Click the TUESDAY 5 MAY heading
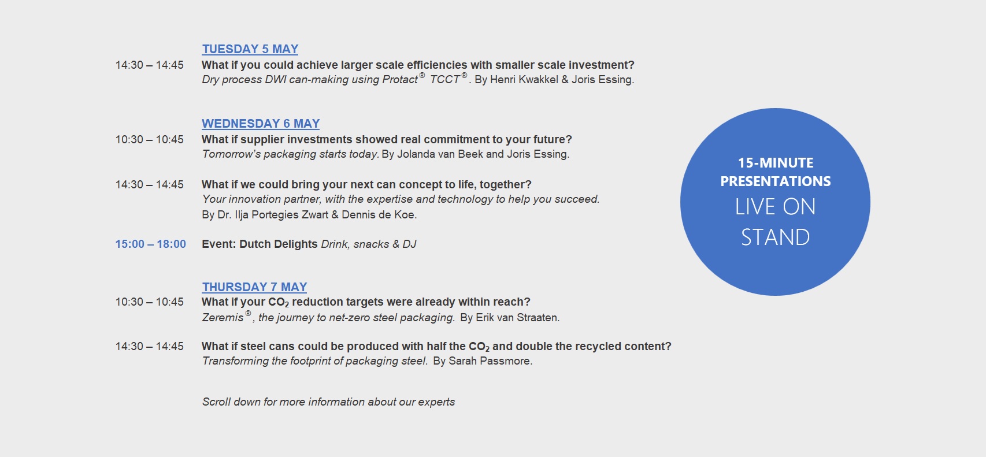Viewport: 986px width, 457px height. tap(250, 49)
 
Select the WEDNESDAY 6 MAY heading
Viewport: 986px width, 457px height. tap(261, 124)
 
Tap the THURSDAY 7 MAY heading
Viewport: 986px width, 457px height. tap(254, 287)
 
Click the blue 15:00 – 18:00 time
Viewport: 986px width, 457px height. tap(150, 244)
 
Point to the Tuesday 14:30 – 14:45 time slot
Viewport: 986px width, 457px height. tap(149, 65)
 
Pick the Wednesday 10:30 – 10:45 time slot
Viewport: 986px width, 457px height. tap(149, 139)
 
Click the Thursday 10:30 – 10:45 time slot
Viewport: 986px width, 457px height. tap(149, 302)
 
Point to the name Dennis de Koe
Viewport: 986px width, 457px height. tap(377, 215)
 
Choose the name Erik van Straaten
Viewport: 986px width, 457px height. tap(516, 318)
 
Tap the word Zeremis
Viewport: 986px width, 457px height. tap(223, 318)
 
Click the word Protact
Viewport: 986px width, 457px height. tap(400, 80)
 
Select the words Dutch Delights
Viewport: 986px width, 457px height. tap(278, 244)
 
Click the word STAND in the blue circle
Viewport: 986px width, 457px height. tap(775, 237)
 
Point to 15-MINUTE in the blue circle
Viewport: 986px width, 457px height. tap(776, 163)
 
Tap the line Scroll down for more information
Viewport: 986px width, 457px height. tap(328, 402)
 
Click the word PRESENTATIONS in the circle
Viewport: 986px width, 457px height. tap(776, 181)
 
